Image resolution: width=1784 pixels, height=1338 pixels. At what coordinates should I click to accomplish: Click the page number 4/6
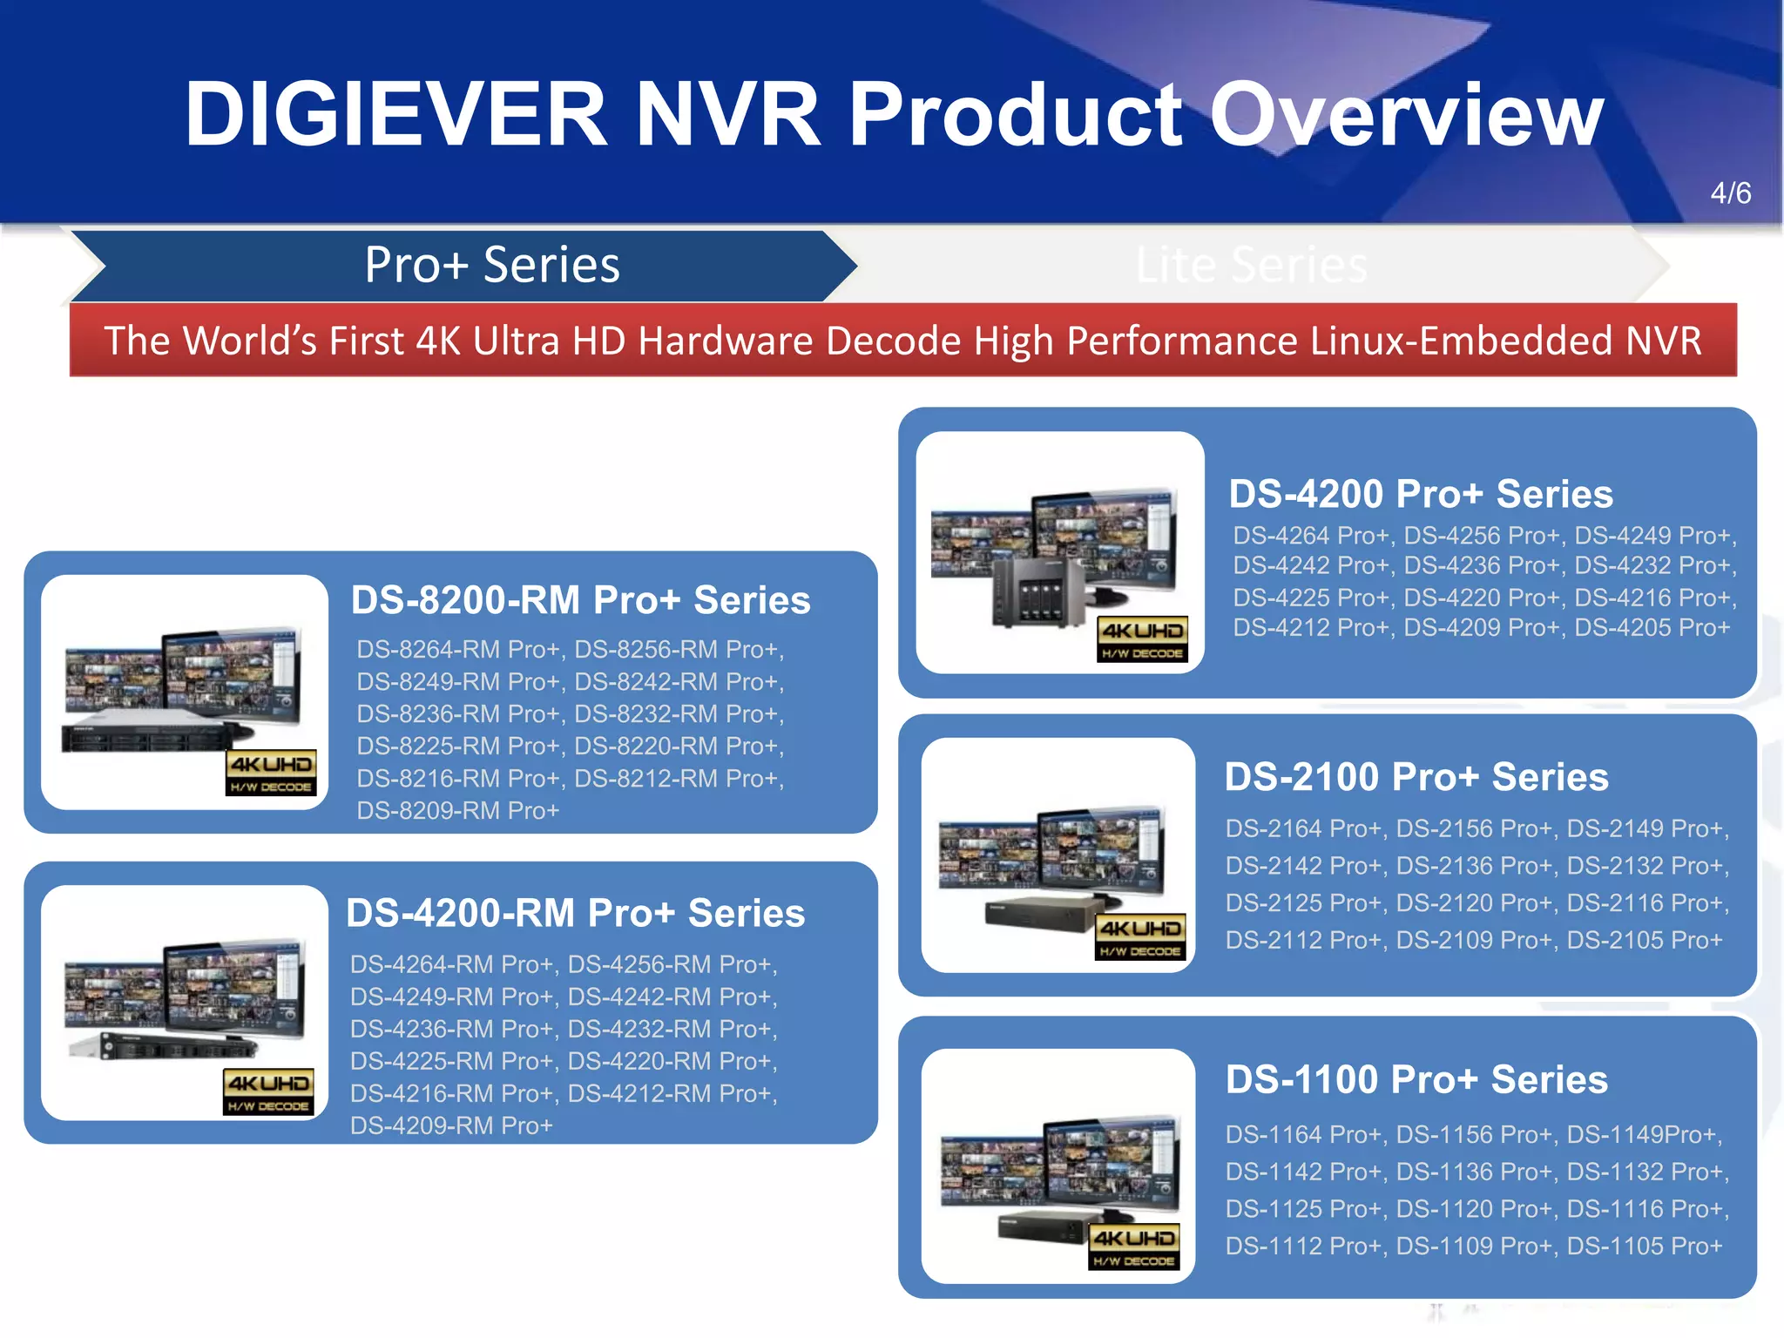coord(1730,193)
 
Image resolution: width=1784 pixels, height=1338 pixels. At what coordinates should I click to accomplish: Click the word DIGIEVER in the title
coord(395,114)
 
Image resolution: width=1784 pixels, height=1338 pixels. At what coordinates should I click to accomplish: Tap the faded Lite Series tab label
coord(1251,265)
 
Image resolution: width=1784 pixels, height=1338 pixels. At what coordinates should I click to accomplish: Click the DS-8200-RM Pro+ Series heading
coord(580,600)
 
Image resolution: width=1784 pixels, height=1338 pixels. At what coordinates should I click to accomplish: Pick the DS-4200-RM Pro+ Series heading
coord(575,913)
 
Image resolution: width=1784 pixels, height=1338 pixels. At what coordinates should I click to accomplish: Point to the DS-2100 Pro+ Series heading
coord(1416,777)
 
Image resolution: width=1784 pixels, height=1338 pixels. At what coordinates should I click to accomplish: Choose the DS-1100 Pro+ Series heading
coord(1416,1079)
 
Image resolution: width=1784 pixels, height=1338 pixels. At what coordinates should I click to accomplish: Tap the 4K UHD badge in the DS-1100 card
coord(1134,1247)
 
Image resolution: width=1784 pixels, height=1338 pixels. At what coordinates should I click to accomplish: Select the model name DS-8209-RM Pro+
coord(458,811)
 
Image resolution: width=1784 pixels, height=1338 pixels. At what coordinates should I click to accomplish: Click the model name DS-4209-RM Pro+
coord(451,1126)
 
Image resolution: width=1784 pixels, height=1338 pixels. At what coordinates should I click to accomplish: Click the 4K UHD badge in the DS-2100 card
coord(1139,937)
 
